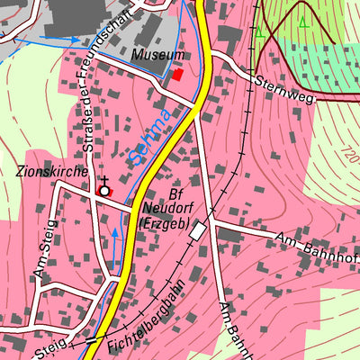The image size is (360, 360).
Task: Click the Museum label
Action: (x=151, y=56)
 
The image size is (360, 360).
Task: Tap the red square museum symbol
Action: (x=177, y=75)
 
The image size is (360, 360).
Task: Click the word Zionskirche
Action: (x=50, y=170)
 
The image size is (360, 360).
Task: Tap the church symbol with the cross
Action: (x=104, y=188)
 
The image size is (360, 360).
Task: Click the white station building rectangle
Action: (x=197, y=231)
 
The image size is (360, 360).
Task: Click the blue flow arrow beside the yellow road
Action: (x=114, y=238)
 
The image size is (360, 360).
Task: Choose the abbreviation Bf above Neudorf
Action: (x=176, y=194)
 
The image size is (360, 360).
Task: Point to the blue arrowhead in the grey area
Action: (x=73, y=40)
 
